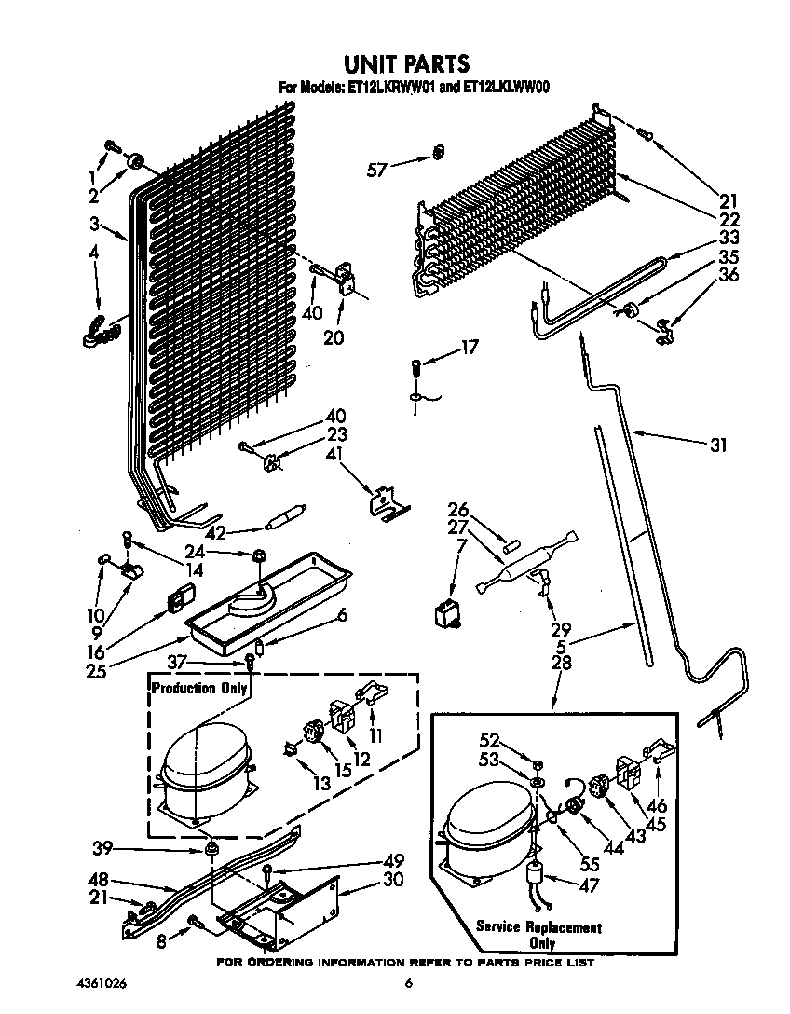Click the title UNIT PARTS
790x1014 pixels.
(x=406, y=63)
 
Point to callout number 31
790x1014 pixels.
(x=716, y=445)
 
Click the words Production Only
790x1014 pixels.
(x=199, y=689)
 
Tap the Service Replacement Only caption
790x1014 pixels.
(x=538, y=935)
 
